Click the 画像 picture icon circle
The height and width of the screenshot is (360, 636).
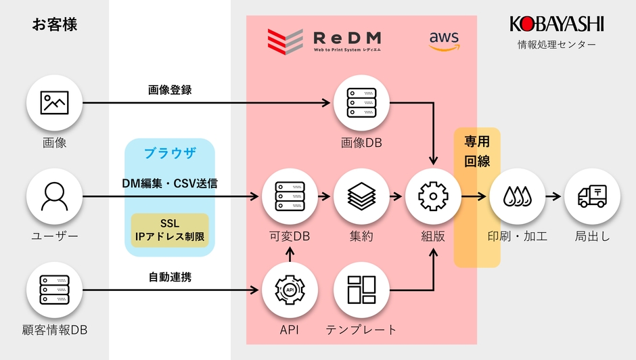coord(54,103)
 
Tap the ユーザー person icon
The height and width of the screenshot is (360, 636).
coord(54,197)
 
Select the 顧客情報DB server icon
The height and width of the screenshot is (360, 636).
coord(54,290)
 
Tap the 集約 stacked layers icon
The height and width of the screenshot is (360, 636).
coord(361,197)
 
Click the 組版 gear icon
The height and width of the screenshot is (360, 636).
coord(433,197)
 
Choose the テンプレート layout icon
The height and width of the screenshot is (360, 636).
coord(361,290)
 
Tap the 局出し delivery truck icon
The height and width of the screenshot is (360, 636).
coord(592,197)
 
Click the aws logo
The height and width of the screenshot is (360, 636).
coord(444,41)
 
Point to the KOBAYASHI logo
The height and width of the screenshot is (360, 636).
coord(556,25)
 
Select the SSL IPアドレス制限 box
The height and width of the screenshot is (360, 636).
coord(170,230)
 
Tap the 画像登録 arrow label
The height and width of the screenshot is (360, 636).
coord(170,89)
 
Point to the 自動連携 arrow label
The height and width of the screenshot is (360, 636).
coord(170,277)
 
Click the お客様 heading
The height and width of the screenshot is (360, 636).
coord(55,25)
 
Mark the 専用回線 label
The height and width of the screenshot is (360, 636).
coord(476,152)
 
